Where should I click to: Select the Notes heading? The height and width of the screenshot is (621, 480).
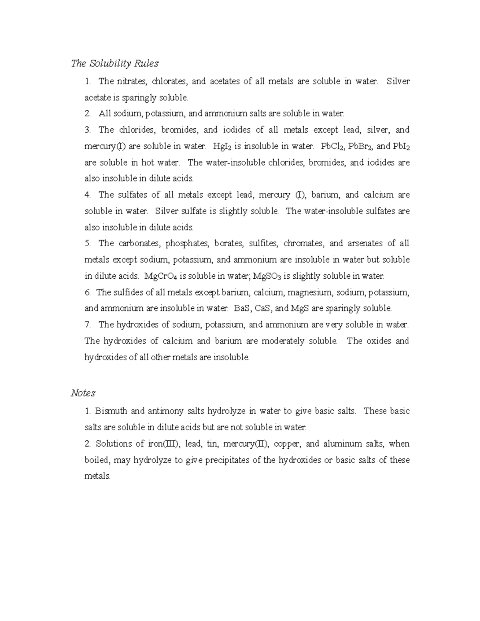[x=83, y=393]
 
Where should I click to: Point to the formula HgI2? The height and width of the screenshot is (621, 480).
[x=222, y=146]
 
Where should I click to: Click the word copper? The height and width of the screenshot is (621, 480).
[x=287, y=444]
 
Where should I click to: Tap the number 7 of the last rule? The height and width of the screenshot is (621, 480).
[x=87, y=325]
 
